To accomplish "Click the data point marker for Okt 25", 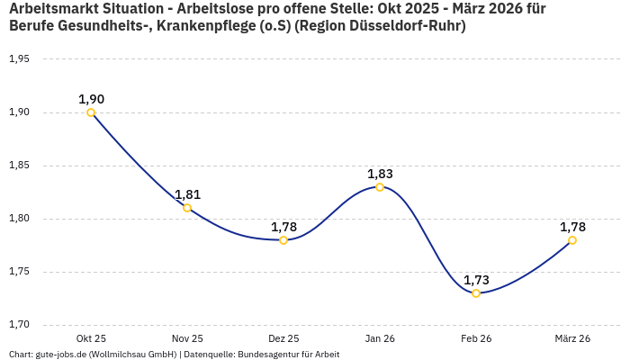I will (91, 112).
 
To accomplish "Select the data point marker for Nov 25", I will (187, 208).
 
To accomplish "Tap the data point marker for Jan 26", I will (380, 187).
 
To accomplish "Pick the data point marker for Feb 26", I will (476, 293).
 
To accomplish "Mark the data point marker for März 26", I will (572, 240).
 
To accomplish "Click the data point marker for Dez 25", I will (283, 240).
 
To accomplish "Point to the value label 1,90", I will (91, 99).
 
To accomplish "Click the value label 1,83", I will (380, 174).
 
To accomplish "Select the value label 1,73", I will (476, 280).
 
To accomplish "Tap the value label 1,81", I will (187, 194).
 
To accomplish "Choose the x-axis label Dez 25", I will (283, 338).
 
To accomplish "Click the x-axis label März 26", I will (572, 338).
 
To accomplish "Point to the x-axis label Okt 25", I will (91, 338).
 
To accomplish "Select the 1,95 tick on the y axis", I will (19, 59).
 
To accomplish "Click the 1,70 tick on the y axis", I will (19, 325).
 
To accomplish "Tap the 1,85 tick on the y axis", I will (19, 166).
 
